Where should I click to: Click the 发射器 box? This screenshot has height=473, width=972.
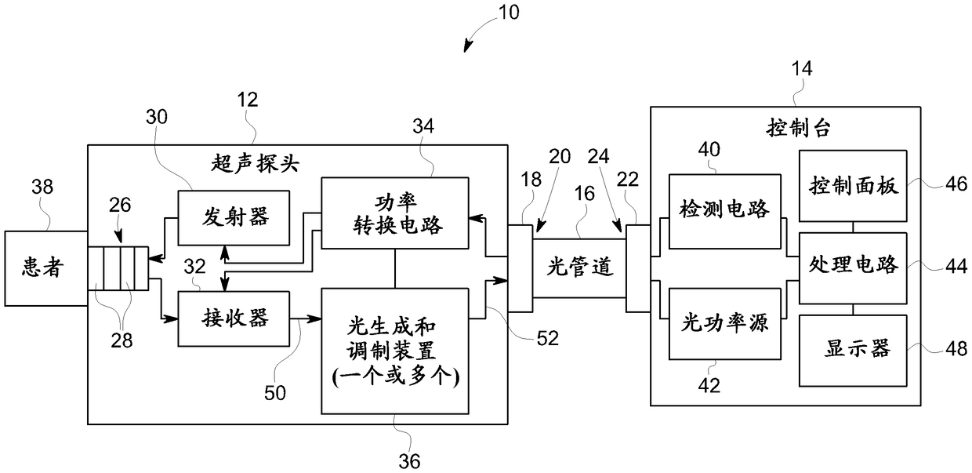(234, 217)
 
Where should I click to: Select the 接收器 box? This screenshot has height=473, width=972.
(234, 318)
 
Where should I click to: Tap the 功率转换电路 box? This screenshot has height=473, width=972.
(395, 213)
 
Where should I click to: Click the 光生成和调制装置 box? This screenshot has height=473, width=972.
(395, 351)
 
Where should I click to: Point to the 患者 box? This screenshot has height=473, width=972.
(46, 268)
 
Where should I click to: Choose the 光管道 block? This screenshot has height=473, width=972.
(579, 268)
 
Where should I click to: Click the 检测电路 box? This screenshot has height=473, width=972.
(724, 212)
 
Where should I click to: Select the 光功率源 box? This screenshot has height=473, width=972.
(724, 324)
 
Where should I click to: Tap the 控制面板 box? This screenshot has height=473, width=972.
(853, 186)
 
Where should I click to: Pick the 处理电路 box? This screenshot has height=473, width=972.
(853, 268)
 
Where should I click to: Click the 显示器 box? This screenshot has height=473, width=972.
(853, 351)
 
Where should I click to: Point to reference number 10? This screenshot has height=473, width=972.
(509, 13)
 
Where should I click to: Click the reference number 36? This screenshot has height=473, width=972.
(409, 461)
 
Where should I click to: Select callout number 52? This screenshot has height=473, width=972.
(548, 338)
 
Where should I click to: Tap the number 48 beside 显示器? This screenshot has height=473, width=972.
(956, 349)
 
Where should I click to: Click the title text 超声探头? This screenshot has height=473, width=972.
(256, 164)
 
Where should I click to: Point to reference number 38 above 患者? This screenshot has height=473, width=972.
(42, 187)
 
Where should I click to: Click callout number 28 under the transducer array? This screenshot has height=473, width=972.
(121, 340)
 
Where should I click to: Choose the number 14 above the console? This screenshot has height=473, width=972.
(802, 68)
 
